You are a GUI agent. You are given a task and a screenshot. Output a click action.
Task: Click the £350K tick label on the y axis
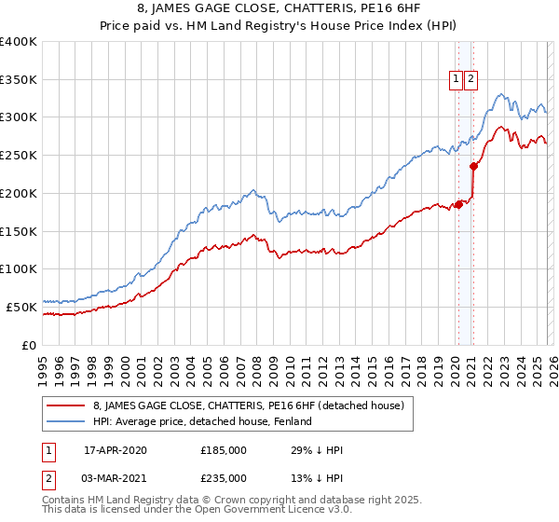pyautogui.click(x=19, y=80)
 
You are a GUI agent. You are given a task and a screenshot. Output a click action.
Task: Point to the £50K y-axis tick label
pyautogui.click(x=21, y=307)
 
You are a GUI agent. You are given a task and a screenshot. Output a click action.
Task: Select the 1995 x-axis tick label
pyautogui.click(x=43, y=364)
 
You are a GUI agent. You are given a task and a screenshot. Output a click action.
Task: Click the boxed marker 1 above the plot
pyautogui.click(x=457, y=80)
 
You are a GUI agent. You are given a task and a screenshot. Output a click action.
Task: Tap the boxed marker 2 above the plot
pyautogui.click(x=471, y=80)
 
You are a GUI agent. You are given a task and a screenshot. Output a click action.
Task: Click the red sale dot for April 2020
pyautogui.click(x=458, y=205)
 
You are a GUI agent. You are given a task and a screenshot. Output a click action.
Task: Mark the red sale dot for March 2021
pyautogui.click(x=473, y=167)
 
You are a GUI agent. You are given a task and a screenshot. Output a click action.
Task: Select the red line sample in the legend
pyautogui.click(x=66, y=405)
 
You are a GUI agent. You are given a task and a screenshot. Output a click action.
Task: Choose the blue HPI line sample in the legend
pyautogui.click(x=66, y=421)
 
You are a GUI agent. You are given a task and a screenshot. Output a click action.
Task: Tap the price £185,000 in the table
pyautogui.click(x=224, y=450)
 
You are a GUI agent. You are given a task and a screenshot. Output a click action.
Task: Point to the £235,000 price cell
pyautogui.click(x=224, y=477)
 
